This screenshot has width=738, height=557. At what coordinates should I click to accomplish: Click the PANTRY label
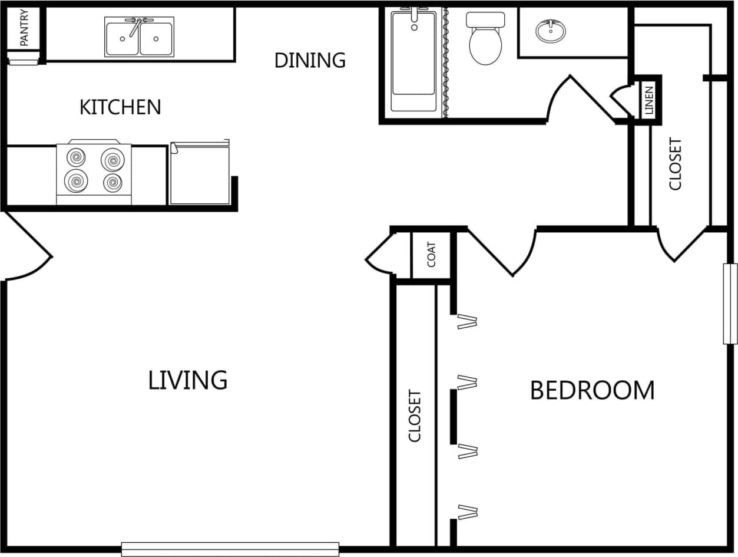(24, 28)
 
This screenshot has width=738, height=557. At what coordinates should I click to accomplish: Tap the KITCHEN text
(120, 107)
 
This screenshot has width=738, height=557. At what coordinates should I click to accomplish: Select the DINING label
(310, 60)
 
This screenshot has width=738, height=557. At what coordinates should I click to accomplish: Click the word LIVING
(187, 380)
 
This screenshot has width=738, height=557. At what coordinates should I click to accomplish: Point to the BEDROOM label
(592, 390)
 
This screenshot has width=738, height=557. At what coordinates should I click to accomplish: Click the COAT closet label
(432, 255)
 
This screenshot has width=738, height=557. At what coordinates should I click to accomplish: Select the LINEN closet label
(649, 100)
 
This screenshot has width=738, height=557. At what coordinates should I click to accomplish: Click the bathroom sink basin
(550, 31)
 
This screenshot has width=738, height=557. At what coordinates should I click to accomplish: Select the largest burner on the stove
(112, 159)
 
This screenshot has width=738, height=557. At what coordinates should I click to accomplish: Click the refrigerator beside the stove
(200, 174)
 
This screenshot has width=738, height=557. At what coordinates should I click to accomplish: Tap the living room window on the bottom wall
(230, 549)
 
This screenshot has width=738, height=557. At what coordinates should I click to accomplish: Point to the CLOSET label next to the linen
(676, 164)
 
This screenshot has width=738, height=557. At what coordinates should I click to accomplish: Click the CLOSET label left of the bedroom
(415, 416)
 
